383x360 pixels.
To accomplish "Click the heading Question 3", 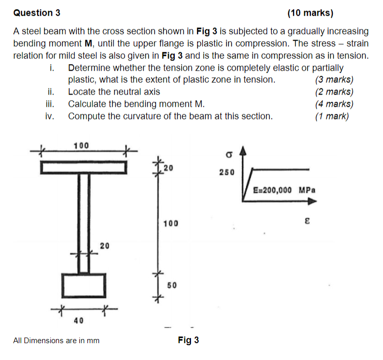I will (x=33, y=13).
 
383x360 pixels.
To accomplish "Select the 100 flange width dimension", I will (x=81, y=145).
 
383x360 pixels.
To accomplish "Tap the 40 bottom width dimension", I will (x=79, y=320).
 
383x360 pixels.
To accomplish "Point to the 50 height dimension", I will (x=172, y=286).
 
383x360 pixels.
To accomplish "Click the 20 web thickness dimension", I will (x=105, y=246).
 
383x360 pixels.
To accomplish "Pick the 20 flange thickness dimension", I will (x=169, y=167).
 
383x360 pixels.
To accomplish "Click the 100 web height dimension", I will (x=171, y=223).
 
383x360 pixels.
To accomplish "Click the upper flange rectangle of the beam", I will (x=83, y=167).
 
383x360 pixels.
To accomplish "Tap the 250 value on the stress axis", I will (x=227, y=172).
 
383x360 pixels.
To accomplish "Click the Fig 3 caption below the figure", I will (x=188, y=340).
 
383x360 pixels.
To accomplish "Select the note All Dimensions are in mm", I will (x=56, y=340).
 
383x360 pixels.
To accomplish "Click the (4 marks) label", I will (x=334, y=104).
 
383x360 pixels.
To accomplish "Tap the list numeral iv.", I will (x=49, y=116).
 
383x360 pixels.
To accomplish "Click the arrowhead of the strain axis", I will (x=312, y=201).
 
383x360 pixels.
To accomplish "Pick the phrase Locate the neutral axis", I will (x=114, y=92).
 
